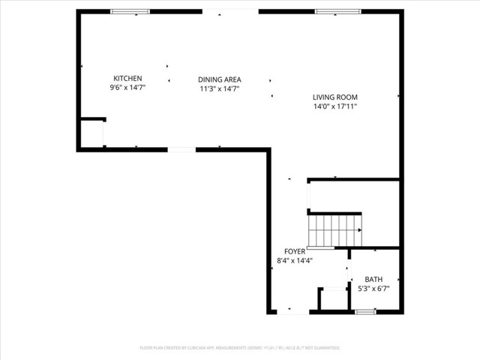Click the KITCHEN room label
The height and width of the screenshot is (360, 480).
pos(127,79)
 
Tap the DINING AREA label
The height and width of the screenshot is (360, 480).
pos(219,79)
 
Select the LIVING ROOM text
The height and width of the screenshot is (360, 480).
pos(334,97)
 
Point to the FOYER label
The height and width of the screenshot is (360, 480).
pos(294,251)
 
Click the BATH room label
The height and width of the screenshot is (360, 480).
pos(373,279)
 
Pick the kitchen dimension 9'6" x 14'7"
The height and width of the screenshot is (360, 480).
pos(127,88)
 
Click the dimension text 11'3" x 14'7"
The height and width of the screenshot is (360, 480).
pos(219,88)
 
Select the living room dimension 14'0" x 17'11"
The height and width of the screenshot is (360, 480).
pos(334,106)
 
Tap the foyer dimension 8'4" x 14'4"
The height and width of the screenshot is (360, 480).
pos(294,261)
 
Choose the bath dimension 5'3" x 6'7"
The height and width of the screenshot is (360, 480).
pos(373,288)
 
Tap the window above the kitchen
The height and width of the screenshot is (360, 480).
pos(130,12)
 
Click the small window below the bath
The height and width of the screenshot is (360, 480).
pos(365,312)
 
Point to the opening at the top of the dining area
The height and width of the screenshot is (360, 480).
pos(230,11)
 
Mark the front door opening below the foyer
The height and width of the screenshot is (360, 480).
pos(292,312)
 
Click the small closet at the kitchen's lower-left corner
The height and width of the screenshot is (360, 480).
pos(91,134)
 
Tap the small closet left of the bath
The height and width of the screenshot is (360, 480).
pos(333,298)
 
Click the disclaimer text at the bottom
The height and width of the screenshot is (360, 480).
pos(240,348)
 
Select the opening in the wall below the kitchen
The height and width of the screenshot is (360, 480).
pos(181,150)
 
